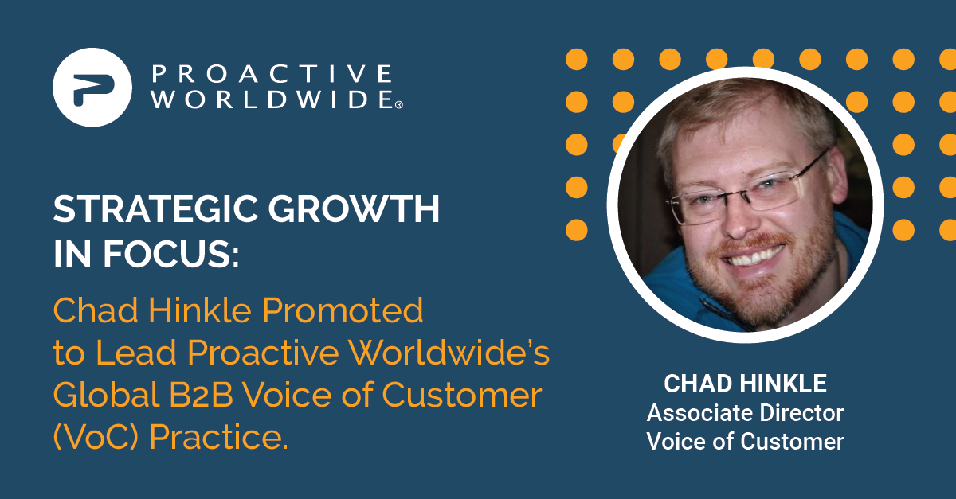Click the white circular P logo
[x=92, y=87]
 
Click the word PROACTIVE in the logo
[x=272, y=74]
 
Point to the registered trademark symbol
[x=399, y=105]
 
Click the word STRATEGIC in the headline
[x=155, y=209]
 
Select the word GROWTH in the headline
[x=354, y=209]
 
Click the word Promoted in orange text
[x=343, y=310]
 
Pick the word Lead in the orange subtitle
[x=136, y=353]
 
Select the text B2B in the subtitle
[x=202, y=395]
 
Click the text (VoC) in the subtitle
[x=96, y=437]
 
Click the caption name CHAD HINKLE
[x=745, y=384]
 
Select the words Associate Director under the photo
[x=745, y=413]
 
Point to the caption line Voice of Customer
[x=745, y=441]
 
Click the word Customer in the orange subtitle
[x=462, y=395]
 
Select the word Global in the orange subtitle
[x=106, y=395]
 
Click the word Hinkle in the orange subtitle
[x=200, y=310]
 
